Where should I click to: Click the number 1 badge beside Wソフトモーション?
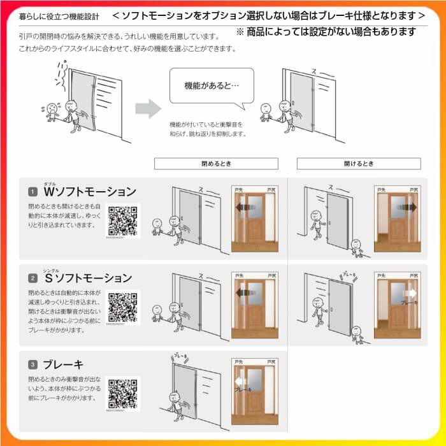32,192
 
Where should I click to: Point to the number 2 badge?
32,278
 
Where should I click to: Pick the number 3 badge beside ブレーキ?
32,365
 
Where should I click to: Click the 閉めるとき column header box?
217,164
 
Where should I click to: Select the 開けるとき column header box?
359,164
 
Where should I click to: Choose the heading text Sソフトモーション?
88,278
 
